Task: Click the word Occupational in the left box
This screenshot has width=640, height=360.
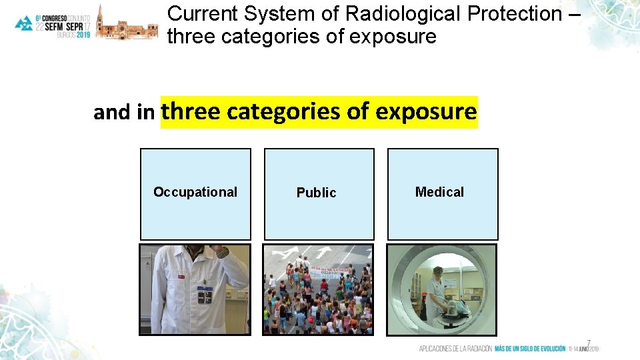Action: [195, 192]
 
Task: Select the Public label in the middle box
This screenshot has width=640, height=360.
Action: [316, 193]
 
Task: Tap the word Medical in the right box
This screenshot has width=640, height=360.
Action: [439, 192]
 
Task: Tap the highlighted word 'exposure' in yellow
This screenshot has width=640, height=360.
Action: [426, 111]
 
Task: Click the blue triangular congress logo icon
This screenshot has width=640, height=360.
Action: [24, 23]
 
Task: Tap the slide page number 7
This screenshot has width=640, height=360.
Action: [589, 343]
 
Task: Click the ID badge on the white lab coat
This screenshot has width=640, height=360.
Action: [205, 297]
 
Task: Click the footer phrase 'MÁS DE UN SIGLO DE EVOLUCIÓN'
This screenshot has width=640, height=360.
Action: [530, 349]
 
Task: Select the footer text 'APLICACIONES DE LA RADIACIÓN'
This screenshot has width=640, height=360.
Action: [455, 349]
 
